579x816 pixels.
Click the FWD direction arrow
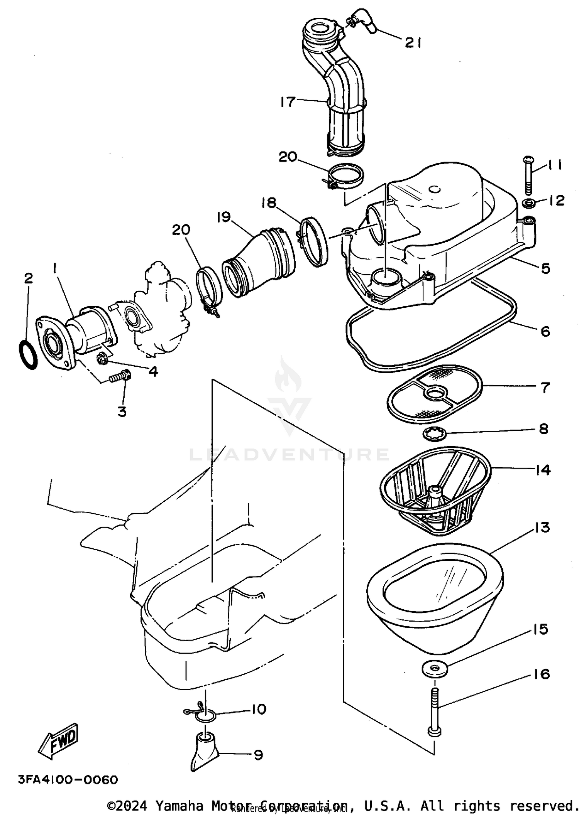point(59,741)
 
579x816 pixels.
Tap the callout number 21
point(413,42)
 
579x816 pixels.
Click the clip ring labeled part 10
point(205,717)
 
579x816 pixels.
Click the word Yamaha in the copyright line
point(179,806)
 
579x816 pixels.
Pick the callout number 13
point(542,528)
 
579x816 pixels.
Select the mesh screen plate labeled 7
point(435,393)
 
